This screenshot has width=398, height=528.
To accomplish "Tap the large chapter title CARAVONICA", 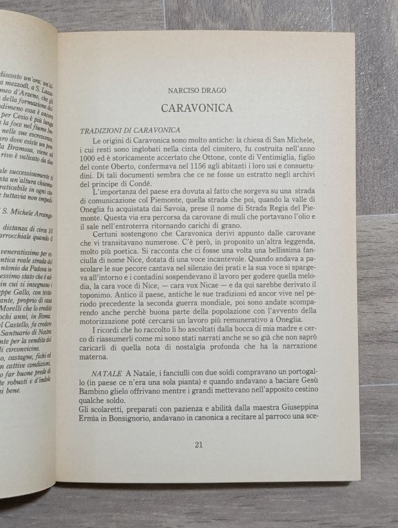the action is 196,108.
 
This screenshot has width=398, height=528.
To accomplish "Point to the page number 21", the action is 198,444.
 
